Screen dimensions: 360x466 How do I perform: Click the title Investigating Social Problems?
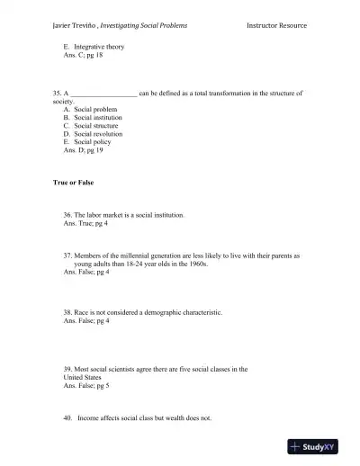(x=146, y=26)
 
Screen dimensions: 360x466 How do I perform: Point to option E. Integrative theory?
(x=94, y=47)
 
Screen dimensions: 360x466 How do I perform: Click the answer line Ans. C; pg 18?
(x=83, y=56)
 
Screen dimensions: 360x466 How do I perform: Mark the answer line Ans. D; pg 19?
(x=83, y=151)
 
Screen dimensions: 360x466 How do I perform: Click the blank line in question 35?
(x=103, y=93)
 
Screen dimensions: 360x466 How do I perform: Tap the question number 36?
(x=67, y=215)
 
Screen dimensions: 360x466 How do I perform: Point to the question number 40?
(x=67, y=417)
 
